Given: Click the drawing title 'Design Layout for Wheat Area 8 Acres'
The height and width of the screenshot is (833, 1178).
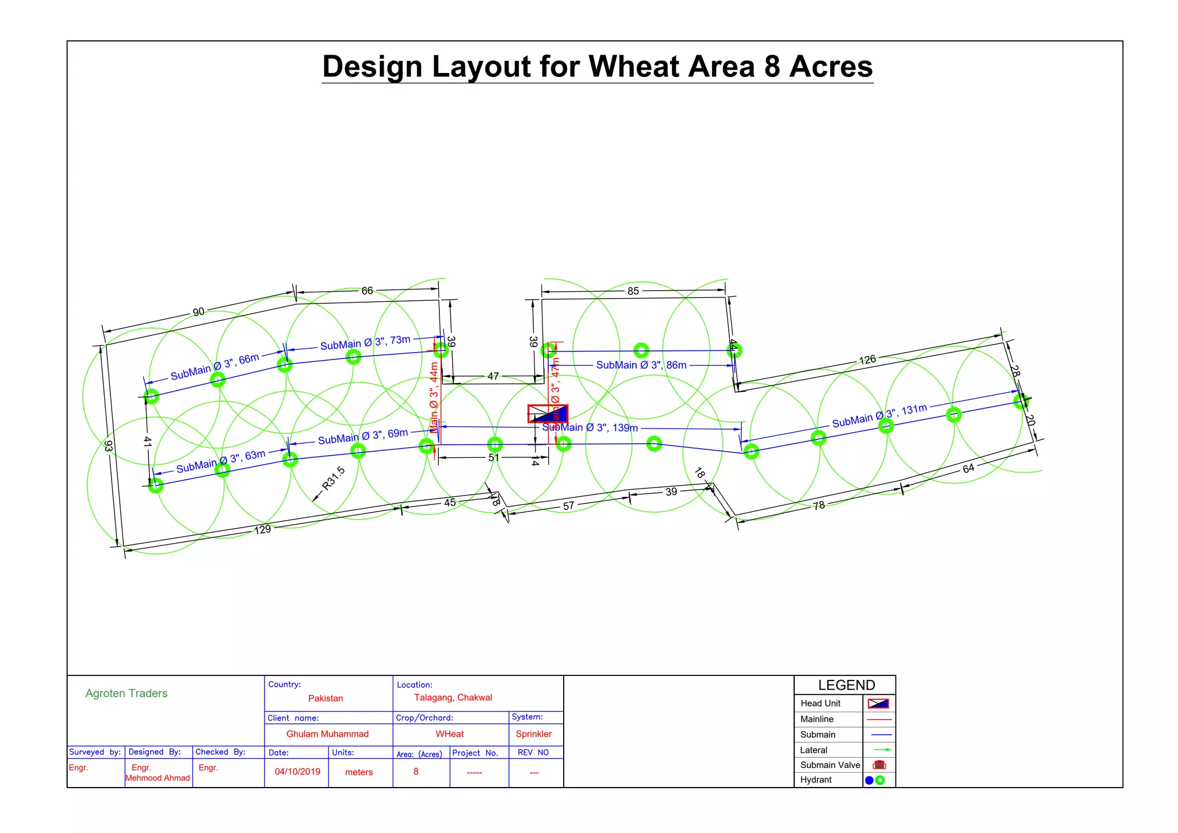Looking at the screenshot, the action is (597, 67).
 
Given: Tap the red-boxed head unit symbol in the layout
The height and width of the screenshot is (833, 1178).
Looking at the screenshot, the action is (548, 414).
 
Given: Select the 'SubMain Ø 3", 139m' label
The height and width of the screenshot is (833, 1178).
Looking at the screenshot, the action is (590, 427).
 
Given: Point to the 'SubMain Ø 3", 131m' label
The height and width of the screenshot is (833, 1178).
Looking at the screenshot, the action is (879, 416).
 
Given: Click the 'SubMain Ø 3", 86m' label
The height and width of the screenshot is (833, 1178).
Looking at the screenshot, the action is (641, 365).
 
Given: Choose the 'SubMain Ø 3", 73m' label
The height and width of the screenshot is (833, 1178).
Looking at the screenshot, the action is (365, 343).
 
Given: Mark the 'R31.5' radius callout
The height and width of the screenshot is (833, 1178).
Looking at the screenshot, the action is (333, 478).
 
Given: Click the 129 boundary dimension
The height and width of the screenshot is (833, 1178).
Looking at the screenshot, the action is (262, 529).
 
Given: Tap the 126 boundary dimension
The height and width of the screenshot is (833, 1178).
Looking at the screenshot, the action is (867, 360).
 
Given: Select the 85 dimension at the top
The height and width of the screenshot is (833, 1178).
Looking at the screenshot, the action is (633, 291).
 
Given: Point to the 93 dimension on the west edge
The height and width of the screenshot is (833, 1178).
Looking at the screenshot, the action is (109, 446).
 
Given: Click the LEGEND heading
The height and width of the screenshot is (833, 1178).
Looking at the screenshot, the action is (846, 685).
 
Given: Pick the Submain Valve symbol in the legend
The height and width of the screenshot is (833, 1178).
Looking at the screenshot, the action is (879, 765).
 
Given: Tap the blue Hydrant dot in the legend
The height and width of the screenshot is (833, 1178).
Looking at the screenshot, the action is (869, 781).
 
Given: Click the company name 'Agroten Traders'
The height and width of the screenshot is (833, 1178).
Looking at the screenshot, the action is (127, 693).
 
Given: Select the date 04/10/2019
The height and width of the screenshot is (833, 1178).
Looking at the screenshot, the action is (297, 771).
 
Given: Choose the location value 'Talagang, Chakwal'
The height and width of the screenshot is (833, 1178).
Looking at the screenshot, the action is (453, 698).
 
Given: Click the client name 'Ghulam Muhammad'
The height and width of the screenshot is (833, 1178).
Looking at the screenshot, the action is (327, 734).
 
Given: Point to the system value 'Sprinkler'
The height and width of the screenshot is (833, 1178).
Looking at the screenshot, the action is (533, 734).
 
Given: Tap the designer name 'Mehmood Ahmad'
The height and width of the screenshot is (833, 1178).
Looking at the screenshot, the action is (158, 778).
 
